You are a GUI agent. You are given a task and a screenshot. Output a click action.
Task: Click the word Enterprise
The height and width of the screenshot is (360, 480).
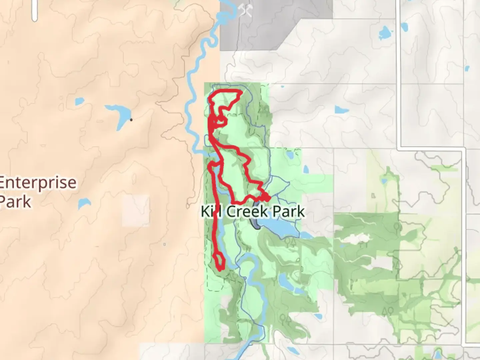tap(38, 183)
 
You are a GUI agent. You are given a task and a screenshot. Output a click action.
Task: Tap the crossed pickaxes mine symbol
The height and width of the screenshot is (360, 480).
tap(246, 11)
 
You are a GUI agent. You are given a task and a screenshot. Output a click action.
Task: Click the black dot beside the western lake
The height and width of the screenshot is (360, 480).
tap(131, 120)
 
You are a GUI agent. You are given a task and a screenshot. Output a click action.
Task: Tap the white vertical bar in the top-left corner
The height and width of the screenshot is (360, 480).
tap(34, 11)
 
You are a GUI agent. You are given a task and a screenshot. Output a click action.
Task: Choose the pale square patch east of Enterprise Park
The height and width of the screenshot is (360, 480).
tap(136, 211)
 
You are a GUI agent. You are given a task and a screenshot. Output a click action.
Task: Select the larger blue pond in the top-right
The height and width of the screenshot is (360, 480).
tap(385, 32)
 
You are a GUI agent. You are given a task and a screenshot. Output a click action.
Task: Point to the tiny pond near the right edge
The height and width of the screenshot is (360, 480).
tap(467, 69)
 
